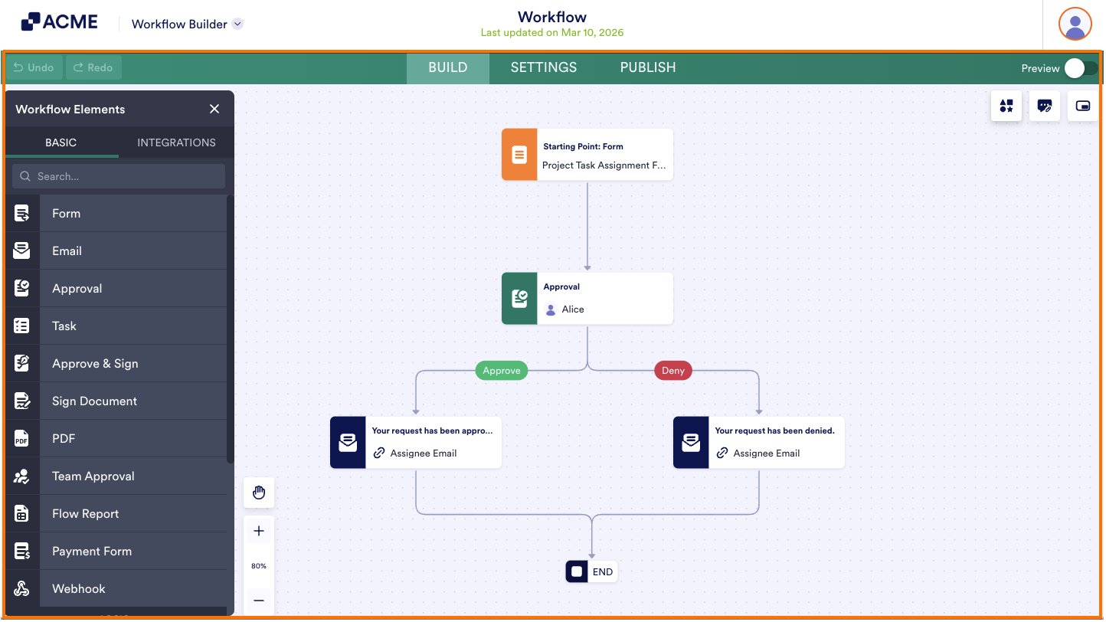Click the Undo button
[x=34, y=67]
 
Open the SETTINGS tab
[x=544, y=67]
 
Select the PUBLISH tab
[x=648, y=67]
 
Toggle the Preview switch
[x=1080, y=68]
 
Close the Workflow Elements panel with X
[x=214, y=110]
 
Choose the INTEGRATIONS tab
[x=176, y=142]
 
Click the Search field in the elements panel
[x=119, y=176]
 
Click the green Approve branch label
[x=502, y=371]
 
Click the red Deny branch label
[x=673, y=371]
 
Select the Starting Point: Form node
[x=587, y=155]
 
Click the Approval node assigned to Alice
[x=587, y=299]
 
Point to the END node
[x=591, y=571]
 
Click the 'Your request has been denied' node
[x=759, y=443]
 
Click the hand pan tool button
[x=259, y=493]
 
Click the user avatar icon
[x=1075, y=24]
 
